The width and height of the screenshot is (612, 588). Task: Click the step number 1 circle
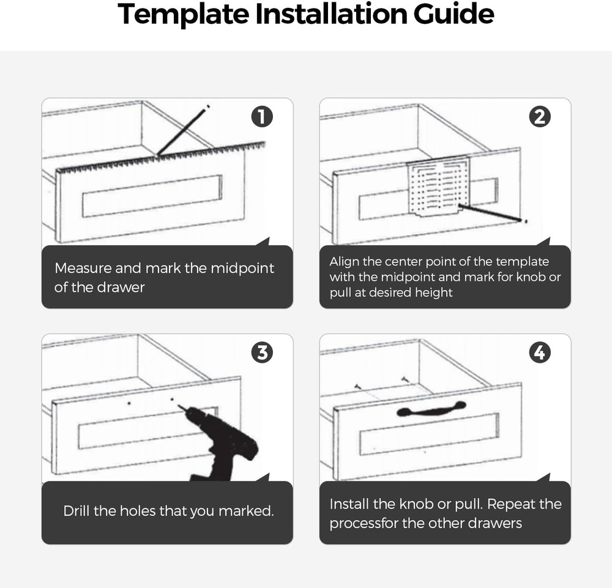coord(262,117)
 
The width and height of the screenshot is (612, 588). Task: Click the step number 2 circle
coord(539,117)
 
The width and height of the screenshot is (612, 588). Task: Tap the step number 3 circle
coord(262,352)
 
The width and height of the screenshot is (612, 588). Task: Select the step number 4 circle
coord(539,352)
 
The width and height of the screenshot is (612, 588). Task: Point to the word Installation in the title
coord(327,15)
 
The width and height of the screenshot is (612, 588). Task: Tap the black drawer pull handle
coord(431,409)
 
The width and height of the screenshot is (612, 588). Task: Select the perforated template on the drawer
coord(439,187)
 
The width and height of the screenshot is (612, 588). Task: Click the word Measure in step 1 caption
coord(83,268)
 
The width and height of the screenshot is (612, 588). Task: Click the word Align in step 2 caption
coord(345,261)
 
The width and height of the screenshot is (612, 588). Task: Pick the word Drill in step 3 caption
coord(76,511)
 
